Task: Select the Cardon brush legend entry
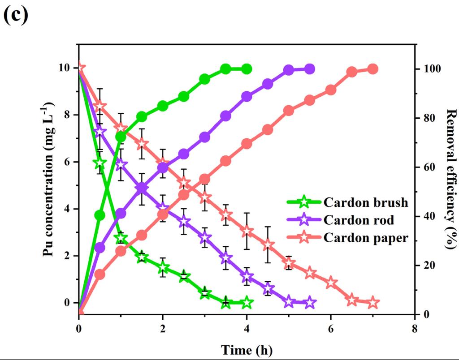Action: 347,202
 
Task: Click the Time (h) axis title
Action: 247,349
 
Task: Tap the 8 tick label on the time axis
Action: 415,328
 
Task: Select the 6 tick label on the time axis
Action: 331,328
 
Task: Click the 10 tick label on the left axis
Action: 64,69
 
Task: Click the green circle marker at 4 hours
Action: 247,69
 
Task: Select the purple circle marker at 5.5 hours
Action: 309,69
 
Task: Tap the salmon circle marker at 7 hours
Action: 372,69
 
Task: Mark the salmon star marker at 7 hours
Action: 372,303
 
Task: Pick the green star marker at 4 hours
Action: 247,303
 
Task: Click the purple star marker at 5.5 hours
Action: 309,303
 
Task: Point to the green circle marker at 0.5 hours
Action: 100,215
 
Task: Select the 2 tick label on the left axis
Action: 67,256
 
